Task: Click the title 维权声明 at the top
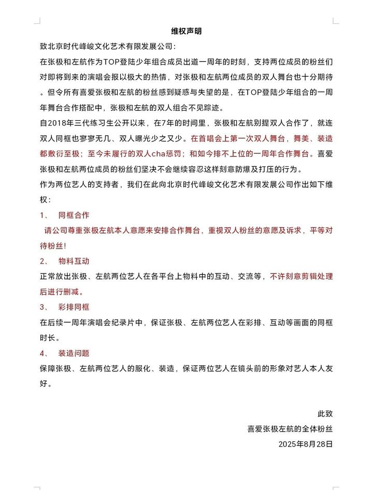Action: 186,31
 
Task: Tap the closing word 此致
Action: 325,414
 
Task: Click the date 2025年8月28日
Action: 305,444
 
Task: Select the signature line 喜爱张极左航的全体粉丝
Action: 290,429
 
